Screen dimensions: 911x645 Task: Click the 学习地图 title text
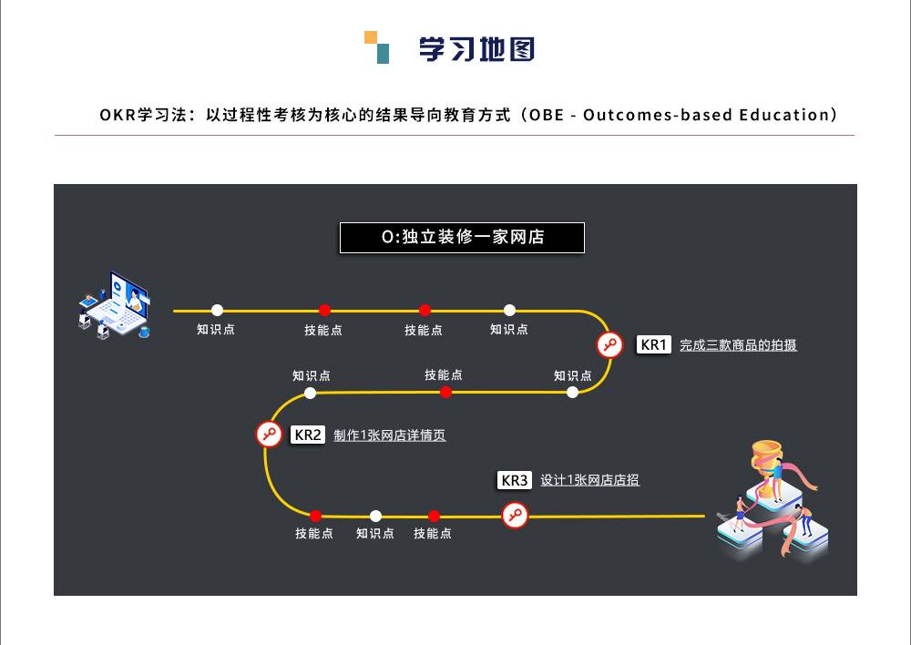tap(476, 49)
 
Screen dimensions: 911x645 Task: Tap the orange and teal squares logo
tap(376, 47)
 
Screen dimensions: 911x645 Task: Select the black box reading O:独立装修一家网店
tap(462, 238)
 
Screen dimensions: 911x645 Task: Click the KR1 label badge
tap(653, 344)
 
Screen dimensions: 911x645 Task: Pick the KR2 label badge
tap(307, 435)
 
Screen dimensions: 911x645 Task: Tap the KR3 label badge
tap(514, 480)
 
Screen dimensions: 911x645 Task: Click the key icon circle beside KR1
tap(609, 344)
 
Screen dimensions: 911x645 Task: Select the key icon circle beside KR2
tap(269, 434)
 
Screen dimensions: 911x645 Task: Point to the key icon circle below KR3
tap(515, 516)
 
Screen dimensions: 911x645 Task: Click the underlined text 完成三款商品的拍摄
tap(738, 345)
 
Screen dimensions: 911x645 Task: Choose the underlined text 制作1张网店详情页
tap(389, 435)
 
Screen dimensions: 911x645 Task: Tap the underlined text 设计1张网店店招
tap(589, 480)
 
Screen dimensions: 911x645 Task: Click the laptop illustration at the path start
tap(115, 305)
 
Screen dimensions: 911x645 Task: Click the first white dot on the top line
tap(218, 311)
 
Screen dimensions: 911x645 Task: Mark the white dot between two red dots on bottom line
tap(376, 516)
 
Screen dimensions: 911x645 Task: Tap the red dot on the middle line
tap(445, 393)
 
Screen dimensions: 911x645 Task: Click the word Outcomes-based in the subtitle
tap(658, 115)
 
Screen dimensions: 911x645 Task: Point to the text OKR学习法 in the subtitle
tap(143, 115)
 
